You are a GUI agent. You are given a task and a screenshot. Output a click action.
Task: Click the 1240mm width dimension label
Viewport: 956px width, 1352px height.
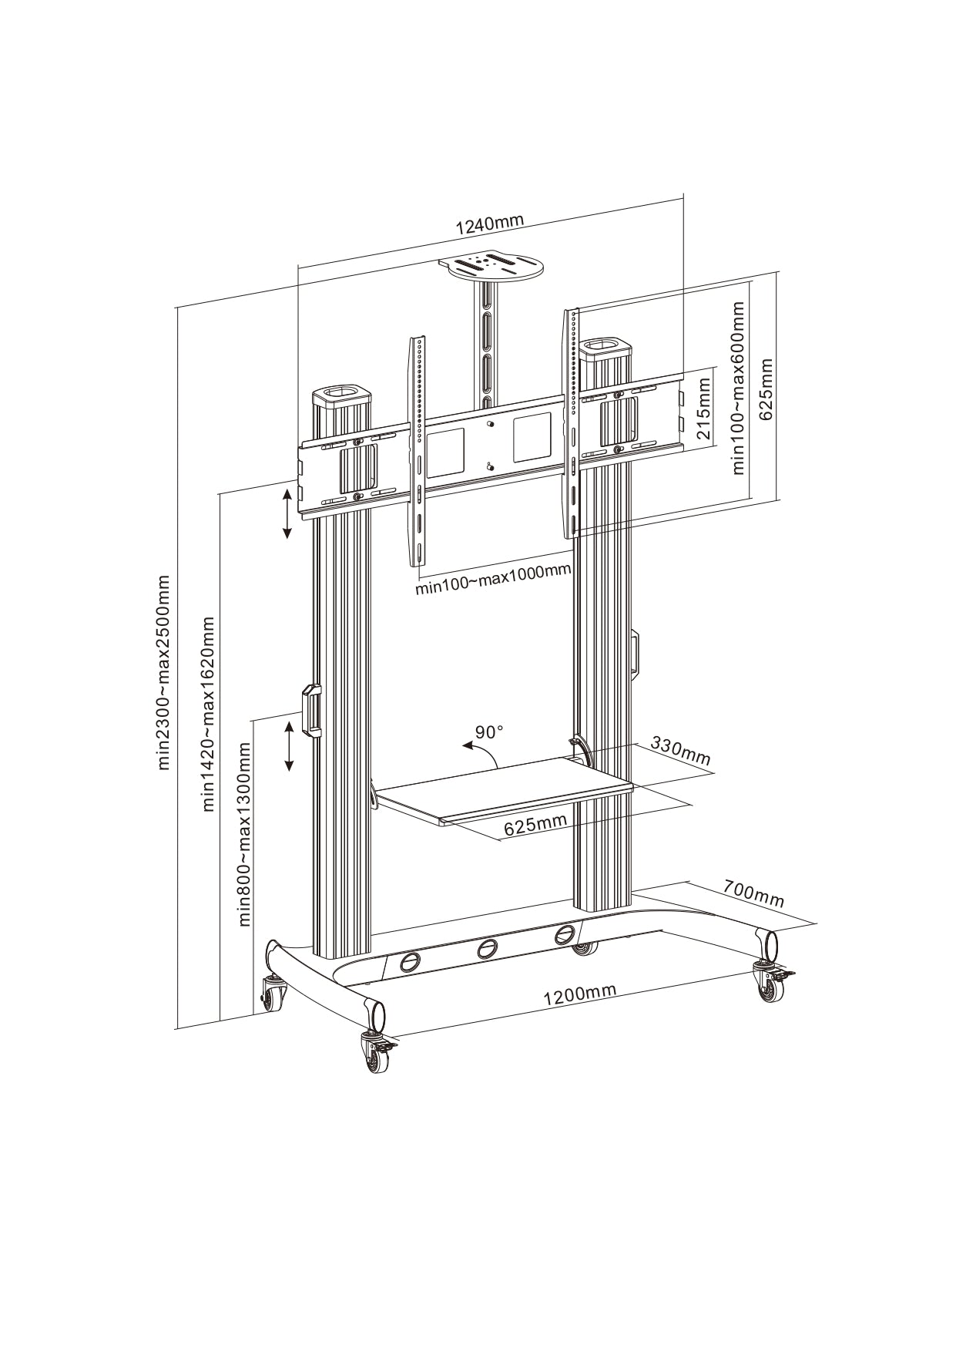pyautogui.click(x=489, y=224)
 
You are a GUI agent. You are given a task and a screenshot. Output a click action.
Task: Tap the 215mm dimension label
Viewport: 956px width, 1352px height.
pyautogui.click(x=703, y=408)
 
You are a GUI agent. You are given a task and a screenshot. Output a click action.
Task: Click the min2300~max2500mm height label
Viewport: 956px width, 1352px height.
pyautogui.click(x=164, y=671)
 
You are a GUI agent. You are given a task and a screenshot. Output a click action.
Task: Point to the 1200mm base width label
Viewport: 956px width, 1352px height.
pyautogui.click(x=579, y=994)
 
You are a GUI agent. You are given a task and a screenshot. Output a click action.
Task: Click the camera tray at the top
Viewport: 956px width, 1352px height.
pyautogui.click(x=491, y=267)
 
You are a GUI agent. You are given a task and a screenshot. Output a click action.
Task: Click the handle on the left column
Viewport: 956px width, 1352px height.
pyautogui.click(x=311, y=709)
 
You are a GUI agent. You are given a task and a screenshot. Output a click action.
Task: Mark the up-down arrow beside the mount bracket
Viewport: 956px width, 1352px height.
pyautogui.click(x=287, y=513)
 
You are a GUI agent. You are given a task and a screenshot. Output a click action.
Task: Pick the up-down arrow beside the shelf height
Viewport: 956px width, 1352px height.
pyautogui.click(x=290, y=745)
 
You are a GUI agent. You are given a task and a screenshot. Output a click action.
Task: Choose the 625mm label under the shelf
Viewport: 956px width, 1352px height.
pyautogui.click(x=535, y=825)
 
